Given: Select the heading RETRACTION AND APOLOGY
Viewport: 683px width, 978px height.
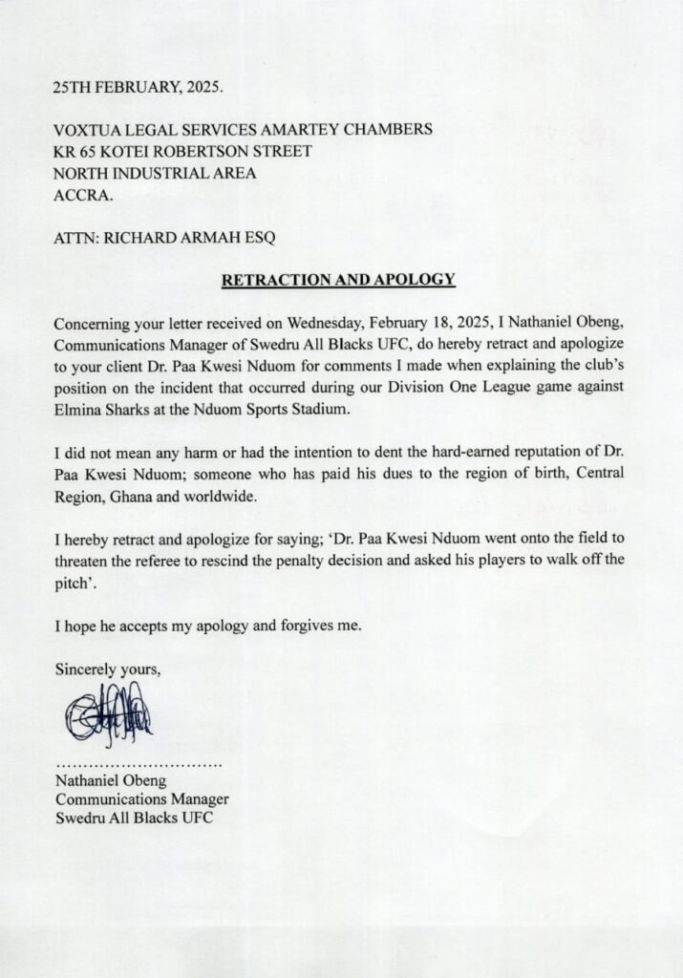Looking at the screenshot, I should click(x=338, y=281).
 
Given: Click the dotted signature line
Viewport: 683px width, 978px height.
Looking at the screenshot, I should click(x=139, y=766).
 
